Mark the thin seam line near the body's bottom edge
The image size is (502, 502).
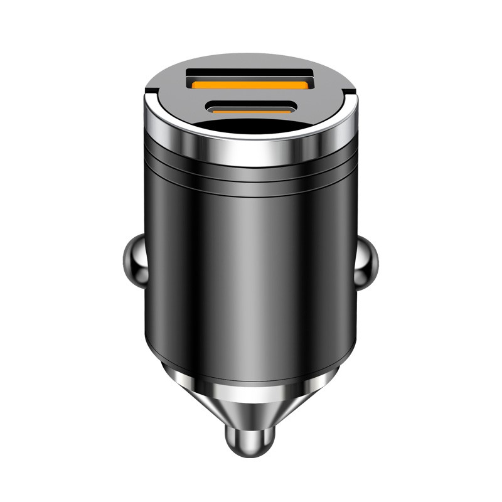(x=251, y=366)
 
